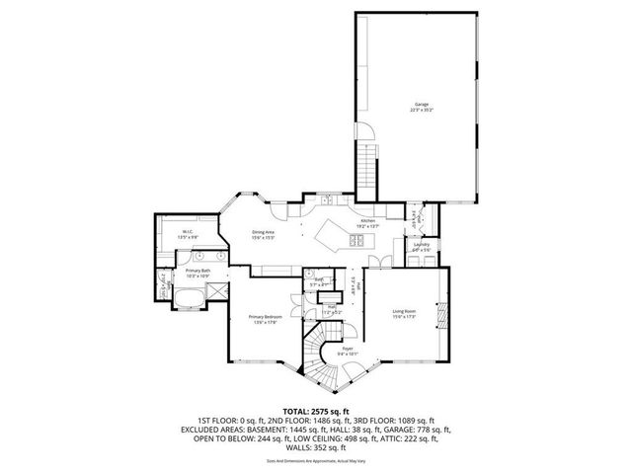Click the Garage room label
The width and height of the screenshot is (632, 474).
click(422, 104)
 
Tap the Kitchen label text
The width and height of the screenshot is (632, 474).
click(367, 220)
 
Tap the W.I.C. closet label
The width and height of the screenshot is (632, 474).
click(186, 232)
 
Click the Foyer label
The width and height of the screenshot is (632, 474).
click(347, 348)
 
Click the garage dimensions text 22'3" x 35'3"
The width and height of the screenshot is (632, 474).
click(422, 110)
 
